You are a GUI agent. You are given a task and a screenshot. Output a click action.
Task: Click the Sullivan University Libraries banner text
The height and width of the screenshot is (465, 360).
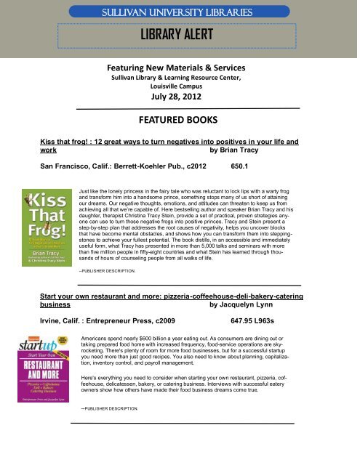click(x=180, y=12)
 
